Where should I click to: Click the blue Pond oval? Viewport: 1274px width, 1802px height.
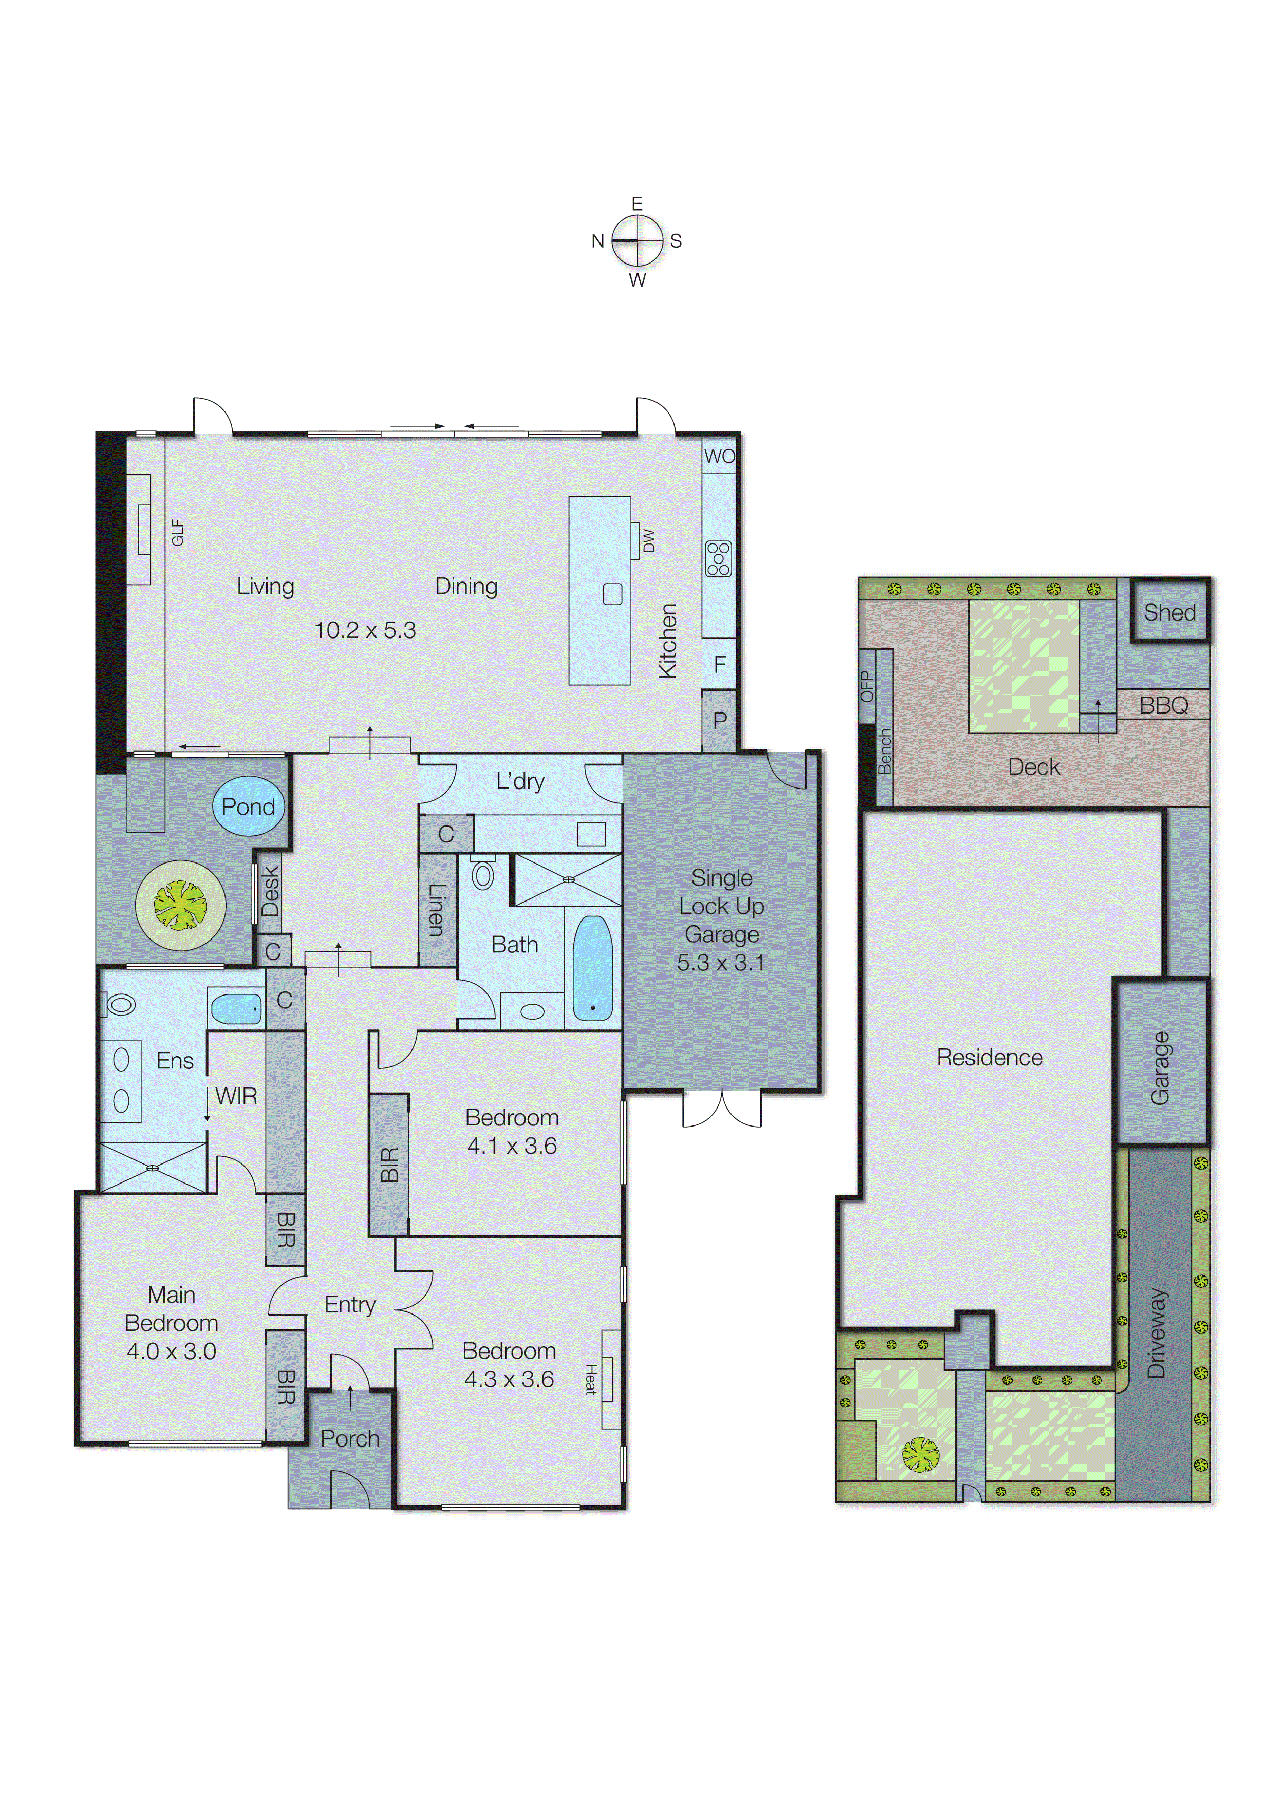point(248,806)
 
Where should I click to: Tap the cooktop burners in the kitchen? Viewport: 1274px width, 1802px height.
point(718,559)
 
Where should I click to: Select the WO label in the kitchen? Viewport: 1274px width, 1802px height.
point(719,456)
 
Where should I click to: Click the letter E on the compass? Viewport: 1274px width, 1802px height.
point(636,204)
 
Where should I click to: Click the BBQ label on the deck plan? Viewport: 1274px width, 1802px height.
point(1164,705)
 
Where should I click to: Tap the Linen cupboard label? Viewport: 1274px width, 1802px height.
point(437,910)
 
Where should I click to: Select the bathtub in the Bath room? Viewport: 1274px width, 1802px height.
point(593,968)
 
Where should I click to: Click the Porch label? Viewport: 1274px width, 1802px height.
point(350,1439)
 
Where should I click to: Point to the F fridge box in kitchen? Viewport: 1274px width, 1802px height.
point(719,665)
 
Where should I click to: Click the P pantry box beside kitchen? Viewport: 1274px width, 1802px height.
point(719,721)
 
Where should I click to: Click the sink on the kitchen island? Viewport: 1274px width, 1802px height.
point(612,594)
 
